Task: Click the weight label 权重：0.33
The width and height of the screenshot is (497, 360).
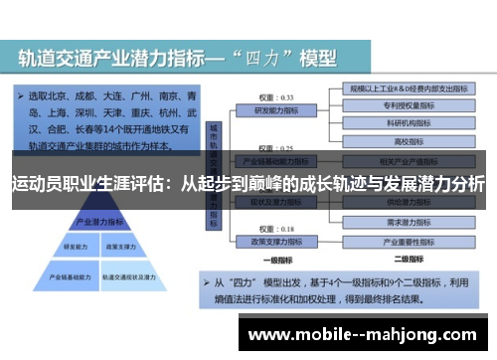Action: pyautogui.click(x=267, y=97)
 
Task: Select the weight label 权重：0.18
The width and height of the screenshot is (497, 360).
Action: pyautogui.click(x=267, y=229)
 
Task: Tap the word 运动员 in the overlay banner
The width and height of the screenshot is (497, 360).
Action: pyautogui.click(x=37, y=183)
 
